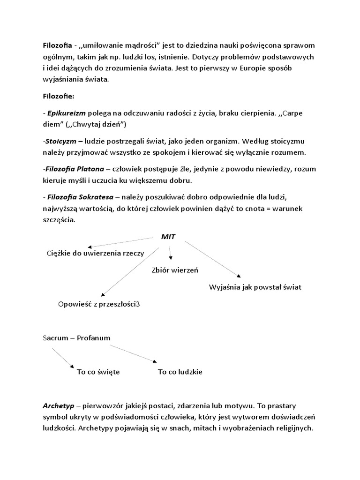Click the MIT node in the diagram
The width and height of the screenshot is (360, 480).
[x=168, y=237]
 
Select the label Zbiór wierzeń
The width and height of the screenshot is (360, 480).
[x=175, y=270]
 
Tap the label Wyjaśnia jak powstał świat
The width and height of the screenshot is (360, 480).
[x=255, y=287]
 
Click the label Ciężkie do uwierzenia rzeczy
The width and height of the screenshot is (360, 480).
[x=96, y=253]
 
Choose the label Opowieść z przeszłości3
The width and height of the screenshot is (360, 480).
[x=99, y=304]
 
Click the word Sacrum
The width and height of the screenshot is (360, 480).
[x=55, y=338]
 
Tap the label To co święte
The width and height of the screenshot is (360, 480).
[x=98, y=372]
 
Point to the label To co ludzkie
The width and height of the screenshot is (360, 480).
[x=180, y=372]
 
